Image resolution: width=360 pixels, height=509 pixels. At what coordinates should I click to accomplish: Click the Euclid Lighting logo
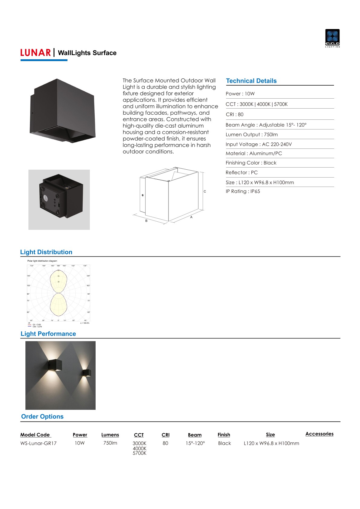point(332,38)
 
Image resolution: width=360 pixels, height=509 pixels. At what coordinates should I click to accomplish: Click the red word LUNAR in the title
point(35,53)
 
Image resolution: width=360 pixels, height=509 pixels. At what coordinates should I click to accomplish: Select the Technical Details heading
point(251,81)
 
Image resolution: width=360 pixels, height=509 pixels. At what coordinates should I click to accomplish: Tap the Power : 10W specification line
point(240,94)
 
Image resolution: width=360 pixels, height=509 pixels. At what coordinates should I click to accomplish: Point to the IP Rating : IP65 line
point(243,191)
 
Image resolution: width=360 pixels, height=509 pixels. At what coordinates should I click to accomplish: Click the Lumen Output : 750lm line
point(251,135)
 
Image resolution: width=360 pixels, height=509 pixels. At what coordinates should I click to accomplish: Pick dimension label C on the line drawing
point(205,191)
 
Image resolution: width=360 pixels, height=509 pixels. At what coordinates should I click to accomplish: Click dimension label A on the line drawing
point(191,217)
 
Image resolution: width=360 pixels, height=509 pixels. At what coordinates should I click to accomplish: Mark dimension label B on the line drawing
point(146,221)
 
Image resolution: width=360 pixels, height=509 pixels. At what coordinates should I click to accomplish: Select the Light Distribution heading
point(46,252)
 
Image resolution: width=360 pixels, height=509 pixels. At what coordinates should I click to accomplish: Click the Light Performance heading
point(48,334)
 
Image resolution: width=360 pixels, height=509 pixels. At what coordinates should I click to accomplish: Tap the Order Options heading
point(42,416)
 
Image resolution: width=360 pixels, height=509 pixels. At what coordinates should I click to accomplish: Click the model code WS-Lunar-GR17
point(38,443)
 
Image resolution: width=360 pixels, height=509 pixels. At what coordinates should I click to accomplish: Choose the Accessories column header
point(319,434)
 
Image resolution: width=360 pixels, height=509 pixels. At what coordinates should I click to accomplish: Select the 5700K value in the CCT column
point(139,453)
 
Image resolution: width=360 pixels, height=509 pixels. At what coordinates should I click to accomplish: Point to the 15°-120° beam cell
point(195,443)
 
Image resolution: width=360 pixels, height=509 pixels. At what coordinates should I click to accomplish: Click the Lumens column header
point(110,435)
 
